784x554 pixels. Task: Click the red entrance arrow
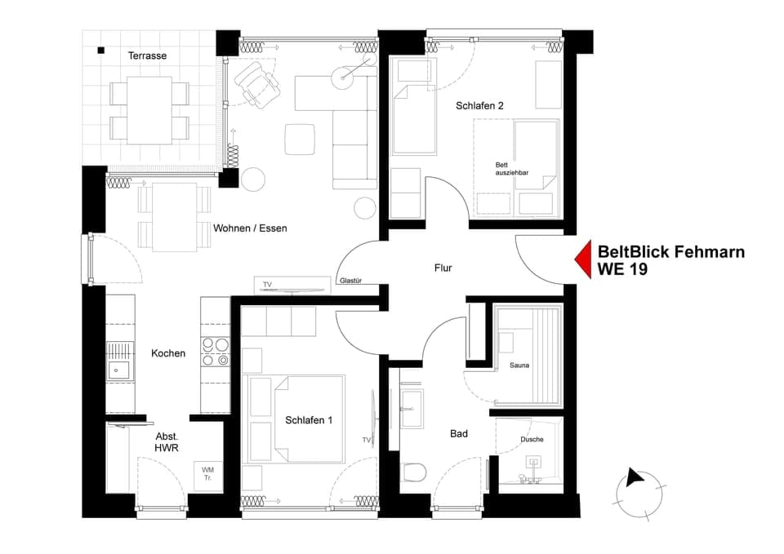pos(582,260)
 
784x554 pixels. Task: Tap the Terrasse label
pos(147,55)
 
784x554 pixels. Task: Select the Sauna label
pos(519,365)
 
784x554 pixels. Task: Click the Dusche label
pos(532,439)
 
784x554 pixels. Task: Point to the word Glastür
pos(350,281)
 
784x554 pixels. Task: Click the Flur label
pos(443,268)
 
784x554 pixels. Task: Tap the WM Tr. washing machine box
pos(207,473)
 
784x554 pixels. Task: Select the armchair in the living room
pos(256,82)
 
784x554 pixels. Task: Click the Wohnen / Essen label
pos(250,228)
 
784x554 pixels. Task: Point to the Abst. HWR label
pos(167,441)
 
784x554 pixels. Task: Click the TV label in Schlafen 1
pos(367,440)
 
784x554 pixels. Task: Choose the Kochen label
pos(168,353)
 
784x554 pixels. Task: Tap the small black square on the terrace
pos(101,51)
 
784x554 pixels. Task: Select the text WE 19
pos(623,269)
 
